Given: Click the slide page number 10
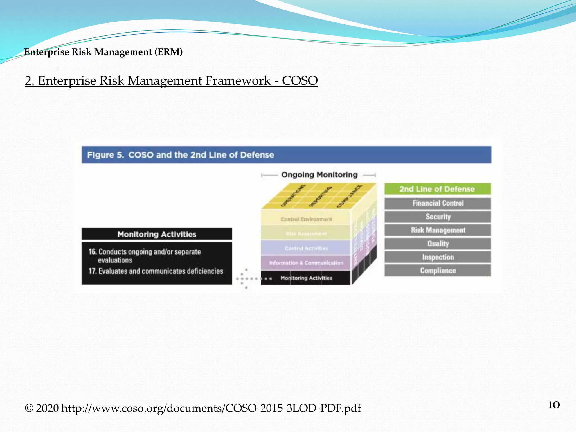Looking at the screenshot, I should point(553,405).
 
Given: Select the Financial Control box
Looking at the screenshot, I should point(438,203).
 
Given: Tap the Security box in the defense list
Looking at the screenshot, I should point(438,217).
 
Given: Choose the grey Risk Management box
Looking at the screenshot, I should point(438,230).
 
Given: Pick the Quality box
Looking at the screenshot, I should point(438,244).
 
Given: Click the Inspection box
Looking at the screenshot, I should point(438,257).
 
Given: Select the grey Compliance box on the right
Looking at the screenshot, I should point(438,271).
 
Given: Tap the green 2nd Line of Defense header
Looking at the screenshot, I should point(437,189).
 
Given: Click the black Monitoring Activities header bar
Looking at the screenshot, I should point(157,234).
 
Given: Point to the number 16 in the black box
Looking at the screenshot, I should point(92,252).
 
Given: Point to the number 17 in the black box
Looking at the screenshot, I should point(92,271).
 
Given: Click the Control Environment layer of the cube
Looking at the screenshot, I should point(306,219).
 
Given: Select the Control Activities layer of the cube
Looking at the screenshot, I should point(306,248).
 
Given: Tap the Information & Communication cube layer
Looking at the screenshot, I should point(306,263).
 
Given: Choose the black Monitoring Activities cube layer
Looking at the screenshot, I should point(306,278).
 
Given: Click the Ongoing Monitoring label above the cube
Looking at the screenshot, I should point(319,175).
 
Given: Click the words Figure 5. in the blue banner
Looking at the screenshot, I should point(105,155).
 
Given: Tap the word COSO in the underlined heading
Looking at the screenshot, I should point(300,81).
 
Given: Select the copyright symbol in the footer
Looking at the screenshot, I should point(29,408).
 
